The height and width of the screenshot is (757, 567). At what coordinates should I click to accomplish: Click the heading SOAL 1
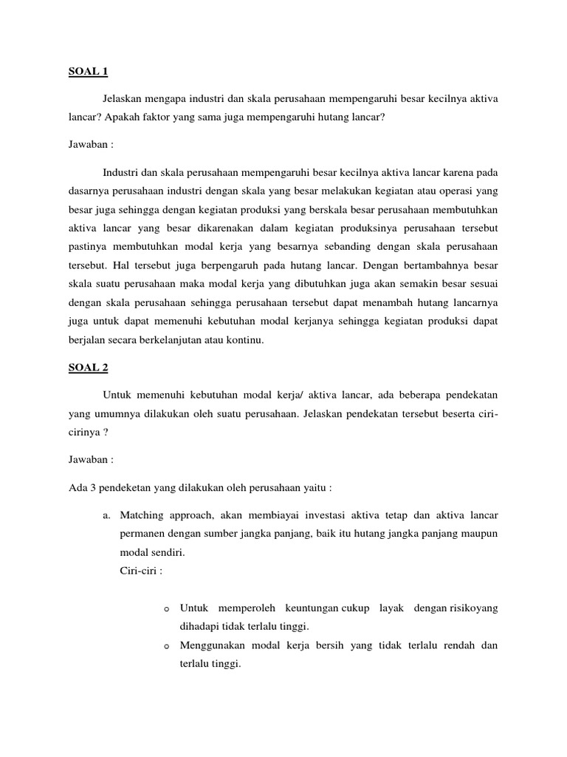coord(87,72)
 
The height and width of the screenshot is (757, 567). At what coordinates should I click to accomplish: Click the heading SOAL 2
coord(87,366)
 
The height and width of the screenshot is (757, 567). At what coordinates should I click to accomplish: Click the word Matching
coord(141,514)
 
